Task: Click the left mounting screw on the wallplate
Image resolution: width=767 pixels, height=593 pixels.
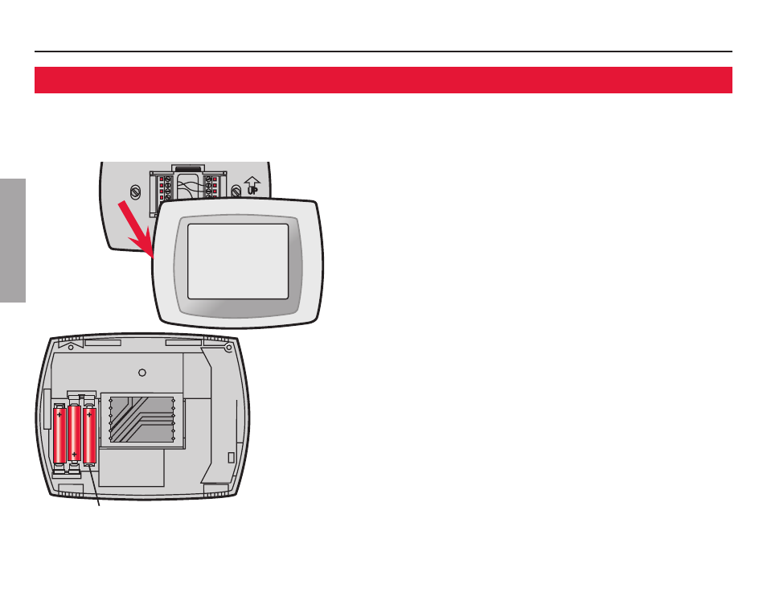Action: pyautogui.click(x=134, y=191)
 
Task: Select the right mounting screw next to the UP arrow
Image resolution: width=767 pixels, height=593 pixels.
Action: pyautogui.click(x=235, y=191)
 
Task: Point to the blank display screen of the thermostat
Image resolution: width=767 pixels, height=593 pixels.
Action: pyautogui.click(x=238, y=261)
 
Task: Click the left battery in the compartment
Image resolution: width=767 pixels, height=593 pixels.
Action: pyautogui.click(x=59, y=434)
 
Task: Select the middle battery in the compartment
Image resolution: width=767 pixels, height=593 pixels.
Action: pyautogui.click(x=74, y=434)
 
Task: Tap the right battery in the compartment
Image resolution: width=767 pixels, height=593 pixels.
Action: pyautogui.click(x=89, y=434)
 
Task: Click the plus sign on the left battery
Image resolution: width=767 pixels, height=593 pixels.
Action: pyautogui.click(x=59, y=415)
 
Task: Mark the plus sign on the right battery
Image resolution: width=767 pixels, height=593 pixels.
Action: pyautogui.click(x=89, y=415)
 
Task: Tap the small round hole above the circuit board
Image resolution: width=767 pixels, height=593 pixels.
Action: pyautogui.click(x=142, y=373)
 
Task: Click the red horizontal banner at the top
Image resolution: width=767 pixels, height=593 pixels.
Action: pyautogui.click(x=383, y=80)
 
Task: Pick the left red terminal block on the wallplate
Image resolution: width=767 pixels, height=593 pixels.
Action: pyautogui.click(x=161, y=187)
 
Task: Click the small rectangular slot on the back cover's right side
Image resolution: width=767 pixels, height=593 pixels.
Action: pyautogui.click(x=232, y=457)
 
